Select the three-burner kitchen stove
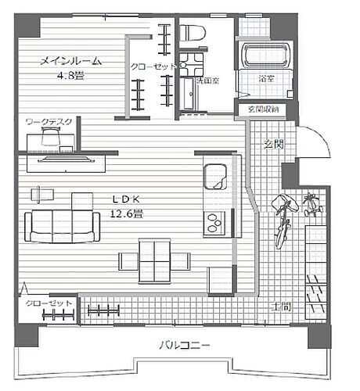tap(214, 224)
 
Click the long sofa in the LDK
tap(63, 226)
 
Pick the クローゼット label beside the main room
tap(153, 67)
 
